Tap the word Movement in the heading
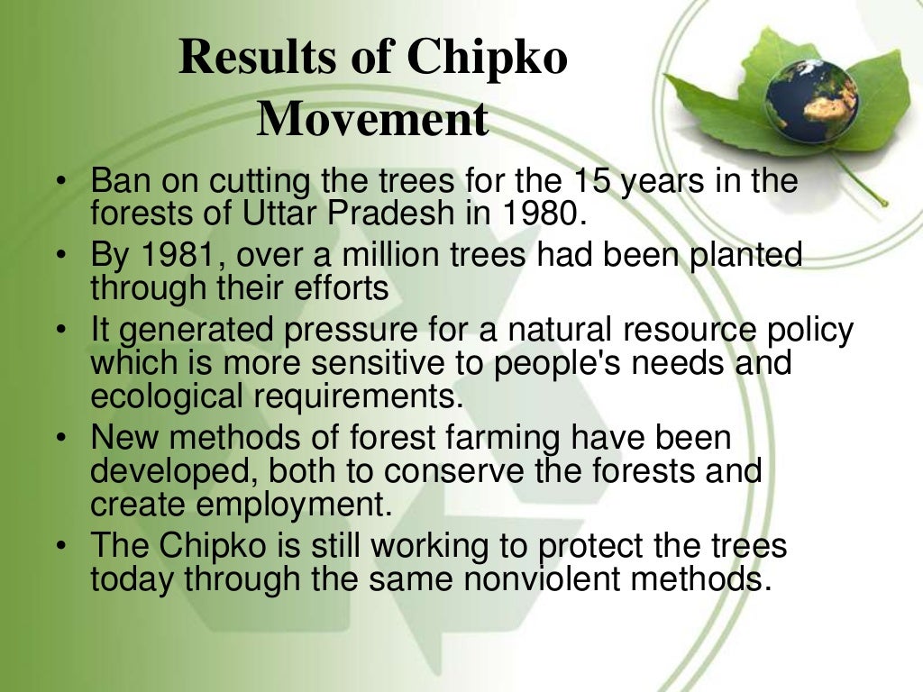click(373, 119)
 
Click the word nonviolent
click(551, 578)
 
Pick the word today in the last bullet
click(133, 578)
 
